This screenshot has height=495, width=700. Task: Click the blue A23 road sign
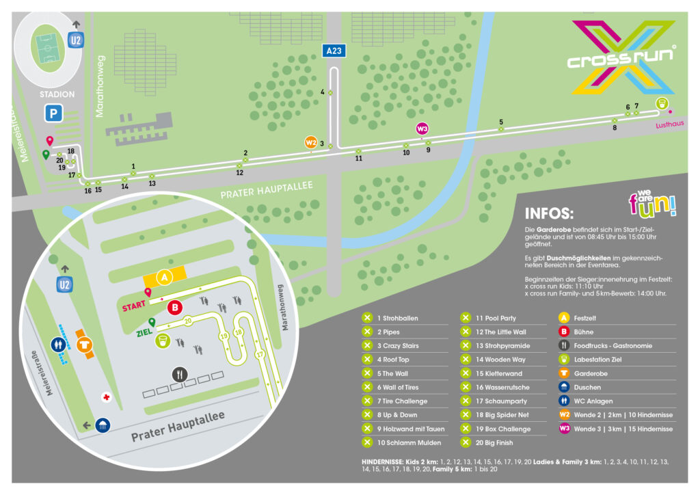click(x=334, y=51)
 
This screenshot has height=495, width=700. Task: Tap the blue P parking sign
click(x=53, y=113)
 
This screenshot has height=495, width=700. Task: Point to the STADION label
click(x=57, y=94)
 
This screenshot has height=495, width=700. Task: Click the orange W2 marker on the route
click(x=311, y=142)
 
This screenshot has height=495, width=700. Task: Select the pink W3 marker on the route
click(x=422, y=129)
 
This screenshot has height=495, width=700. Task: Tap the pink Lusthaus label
click(x=670, y=124)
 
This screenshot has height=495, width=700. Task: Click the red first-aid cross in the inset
click(x=106, y=397)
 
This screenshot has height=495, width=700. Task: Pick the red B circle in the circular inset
click(x=175, y=307)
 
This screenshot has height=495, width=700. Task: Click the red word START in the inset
click(x=134, y=306)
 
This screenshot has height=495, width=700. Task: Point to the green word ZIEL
click(x=144, y=332)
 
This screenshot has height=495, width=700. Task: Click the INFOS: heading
click(x=549, y=213)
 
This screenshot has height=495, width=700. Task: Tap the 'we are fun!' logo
click(x=652, y=204)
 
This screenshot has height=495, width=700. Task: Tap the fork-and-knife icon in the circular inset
click(x=180, y=375)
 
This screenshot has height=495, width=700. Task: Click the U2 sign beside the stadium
click(x=75, y=40)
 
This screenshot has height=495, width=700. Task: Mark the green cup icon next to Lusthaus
click(x=662, y=103)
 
